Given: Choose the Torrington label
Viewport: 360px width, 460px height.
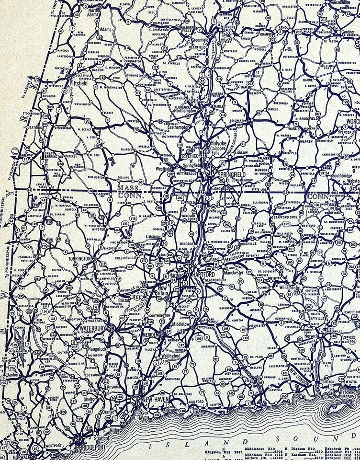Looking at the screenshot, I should pyautogui.click(x=79, y=259).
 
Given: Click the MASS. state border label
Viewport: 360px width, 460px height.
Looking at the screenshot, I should pyautogui.click(x=127, y=189).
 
